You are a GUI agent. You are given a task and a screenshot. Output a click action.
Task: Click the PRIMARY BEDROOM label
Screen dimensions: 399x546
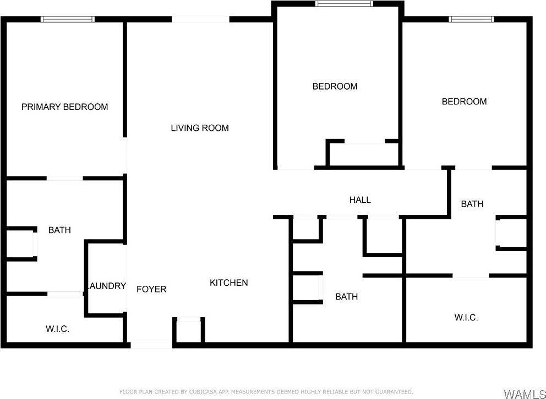pyautogui.click(x=64, y=107)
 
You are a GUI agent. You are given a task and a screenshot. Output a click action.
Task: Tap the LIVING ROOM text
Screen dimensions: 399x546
pyautogui.click(x=199, y=128)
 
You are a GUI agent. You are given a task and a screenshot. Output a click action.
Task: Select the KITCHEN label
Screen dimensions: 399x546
pyautogui.click(x=228, y=282)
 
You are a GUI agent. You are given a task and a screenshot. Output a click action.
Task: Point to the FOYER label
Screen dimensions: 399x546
pyautogui.click(x=151, y=289)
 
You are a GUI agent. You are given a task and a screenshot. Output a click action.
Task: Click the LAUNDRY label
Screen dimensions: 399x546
pyautogui.click(x=107, y=286)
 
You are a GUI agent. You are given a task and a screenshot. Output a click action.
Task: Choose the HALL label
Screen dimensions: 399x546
pyautogui.click(x=360, y=199)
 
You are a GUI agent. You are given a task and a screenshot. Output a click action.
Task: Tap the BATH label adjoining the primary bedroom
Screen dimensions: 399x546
pyautogui.click(x=59, y=230)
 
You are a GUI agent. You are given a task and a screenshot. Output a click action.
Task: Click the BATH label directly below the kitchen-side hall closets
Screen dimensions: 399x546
pyautogui.click(x=346, y=297)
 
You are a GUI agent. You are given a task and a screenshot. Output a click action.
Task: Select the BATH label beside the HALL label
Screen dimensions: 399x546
pyautogui.click(x=472, y=204)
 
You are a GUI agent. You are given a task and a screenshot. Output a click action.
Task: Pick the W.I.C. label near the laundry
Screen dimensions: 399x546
pyautogui.click(x=57, y=329)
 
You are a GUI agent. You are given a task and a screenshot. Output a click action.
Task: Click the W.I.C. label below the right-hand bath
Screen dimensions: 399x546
pyautogui.click(x=466, y=317)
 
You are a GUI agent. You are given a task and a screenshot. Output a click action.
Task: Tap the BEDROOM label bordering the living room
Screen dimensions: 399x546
pyautogui.click(x=335, y=86)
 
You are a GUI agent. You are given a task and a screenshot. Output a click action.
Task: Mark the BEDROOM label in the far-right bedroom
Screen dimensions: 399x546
pyautogui.click(x=464, y=101)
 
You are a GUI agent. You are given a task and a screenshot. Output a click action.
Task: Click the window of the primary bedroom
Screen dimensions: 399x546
pyautogui.click(x=68, y=19)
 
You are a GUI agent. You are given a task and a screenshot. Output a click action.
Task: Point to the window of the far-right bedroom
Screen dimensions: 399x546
pyautogui.click(x=471, y=19)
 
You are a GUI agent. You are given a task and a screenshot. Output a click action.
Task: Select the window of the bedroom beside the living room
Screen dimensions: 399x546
pyautogui.click(x=344, y=4)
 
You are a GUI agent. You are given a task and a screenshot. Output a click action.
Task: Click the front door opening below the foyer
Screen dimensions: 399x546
pyautogui.click(x=151, y=345)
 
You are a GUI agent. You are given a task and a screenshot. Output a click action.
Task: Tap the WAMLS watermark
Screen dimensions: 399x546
pyautogui.click(x=523, y=394)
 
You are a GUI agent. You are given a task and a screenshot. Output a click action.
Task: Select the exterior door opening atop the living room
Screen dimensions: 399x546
pyautogui.click(x=200, y=19)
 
